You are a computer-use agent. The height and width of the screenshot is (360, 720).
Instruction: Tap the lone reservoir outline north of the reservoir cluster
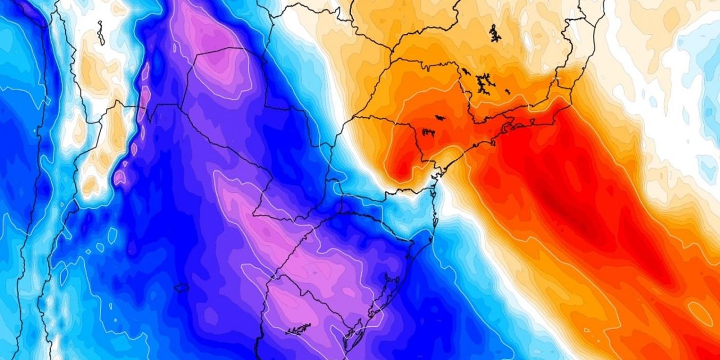tap(494, 33)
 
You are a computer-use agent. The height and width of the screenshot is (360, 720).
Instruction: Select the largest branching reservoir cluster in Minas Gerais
tap(482, 83)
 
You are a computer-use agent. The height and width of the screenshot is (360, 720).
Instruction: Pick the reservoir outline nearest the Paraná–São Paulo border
tap(428, 133)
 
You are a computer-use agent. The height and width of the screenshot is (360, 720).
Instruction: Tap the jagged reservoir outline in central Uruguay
tap(298, 329)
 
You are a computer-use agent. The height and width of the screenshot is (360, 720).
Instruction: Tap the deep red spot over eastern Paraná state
tap(402, 163)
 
